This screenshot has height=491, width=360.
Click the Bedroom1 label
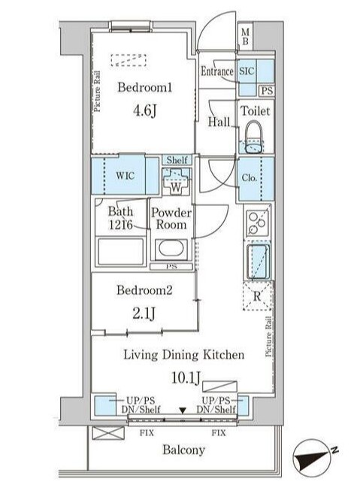[x=144, y=87]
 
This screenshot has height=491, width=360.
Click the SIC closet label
[x=247, y=71]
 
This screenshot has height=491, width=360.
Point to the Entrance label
[x=217, y=71]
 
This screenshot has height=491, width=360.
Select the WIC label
[x=125, y=177]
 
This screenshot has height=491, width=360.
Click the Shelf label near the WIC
[x=177, y=160]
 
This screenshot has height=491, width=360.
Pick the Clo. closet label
[x=251, y=179]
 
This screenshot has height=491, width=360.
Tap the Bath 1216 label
[x=119, y=218]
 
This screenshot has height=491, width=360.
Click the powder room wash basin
[x=172, y=249]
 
